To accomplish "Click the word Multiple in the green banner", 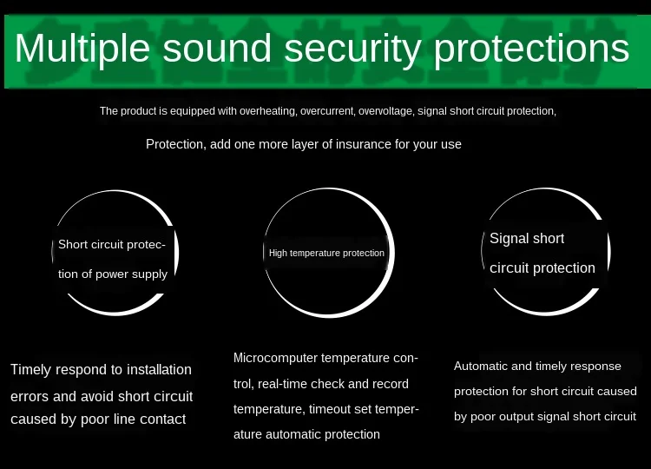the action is (x=82, y=49).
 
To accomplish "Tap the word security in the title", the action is (x=352, y=50).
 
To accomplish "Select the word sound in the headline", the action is (x=217, y=48).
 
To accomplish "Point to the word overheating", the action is (x=268, y=111).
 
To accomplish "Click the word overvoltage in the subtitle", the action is (x=386, y=111).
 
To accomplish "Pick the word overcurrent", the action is (x=327, y=111).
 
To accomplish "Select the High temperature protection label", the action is (x=326, y=253).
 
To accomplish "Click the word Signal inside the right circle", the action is (x=507, y=239).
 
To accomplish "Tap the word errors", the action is (x=30, y=397).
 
